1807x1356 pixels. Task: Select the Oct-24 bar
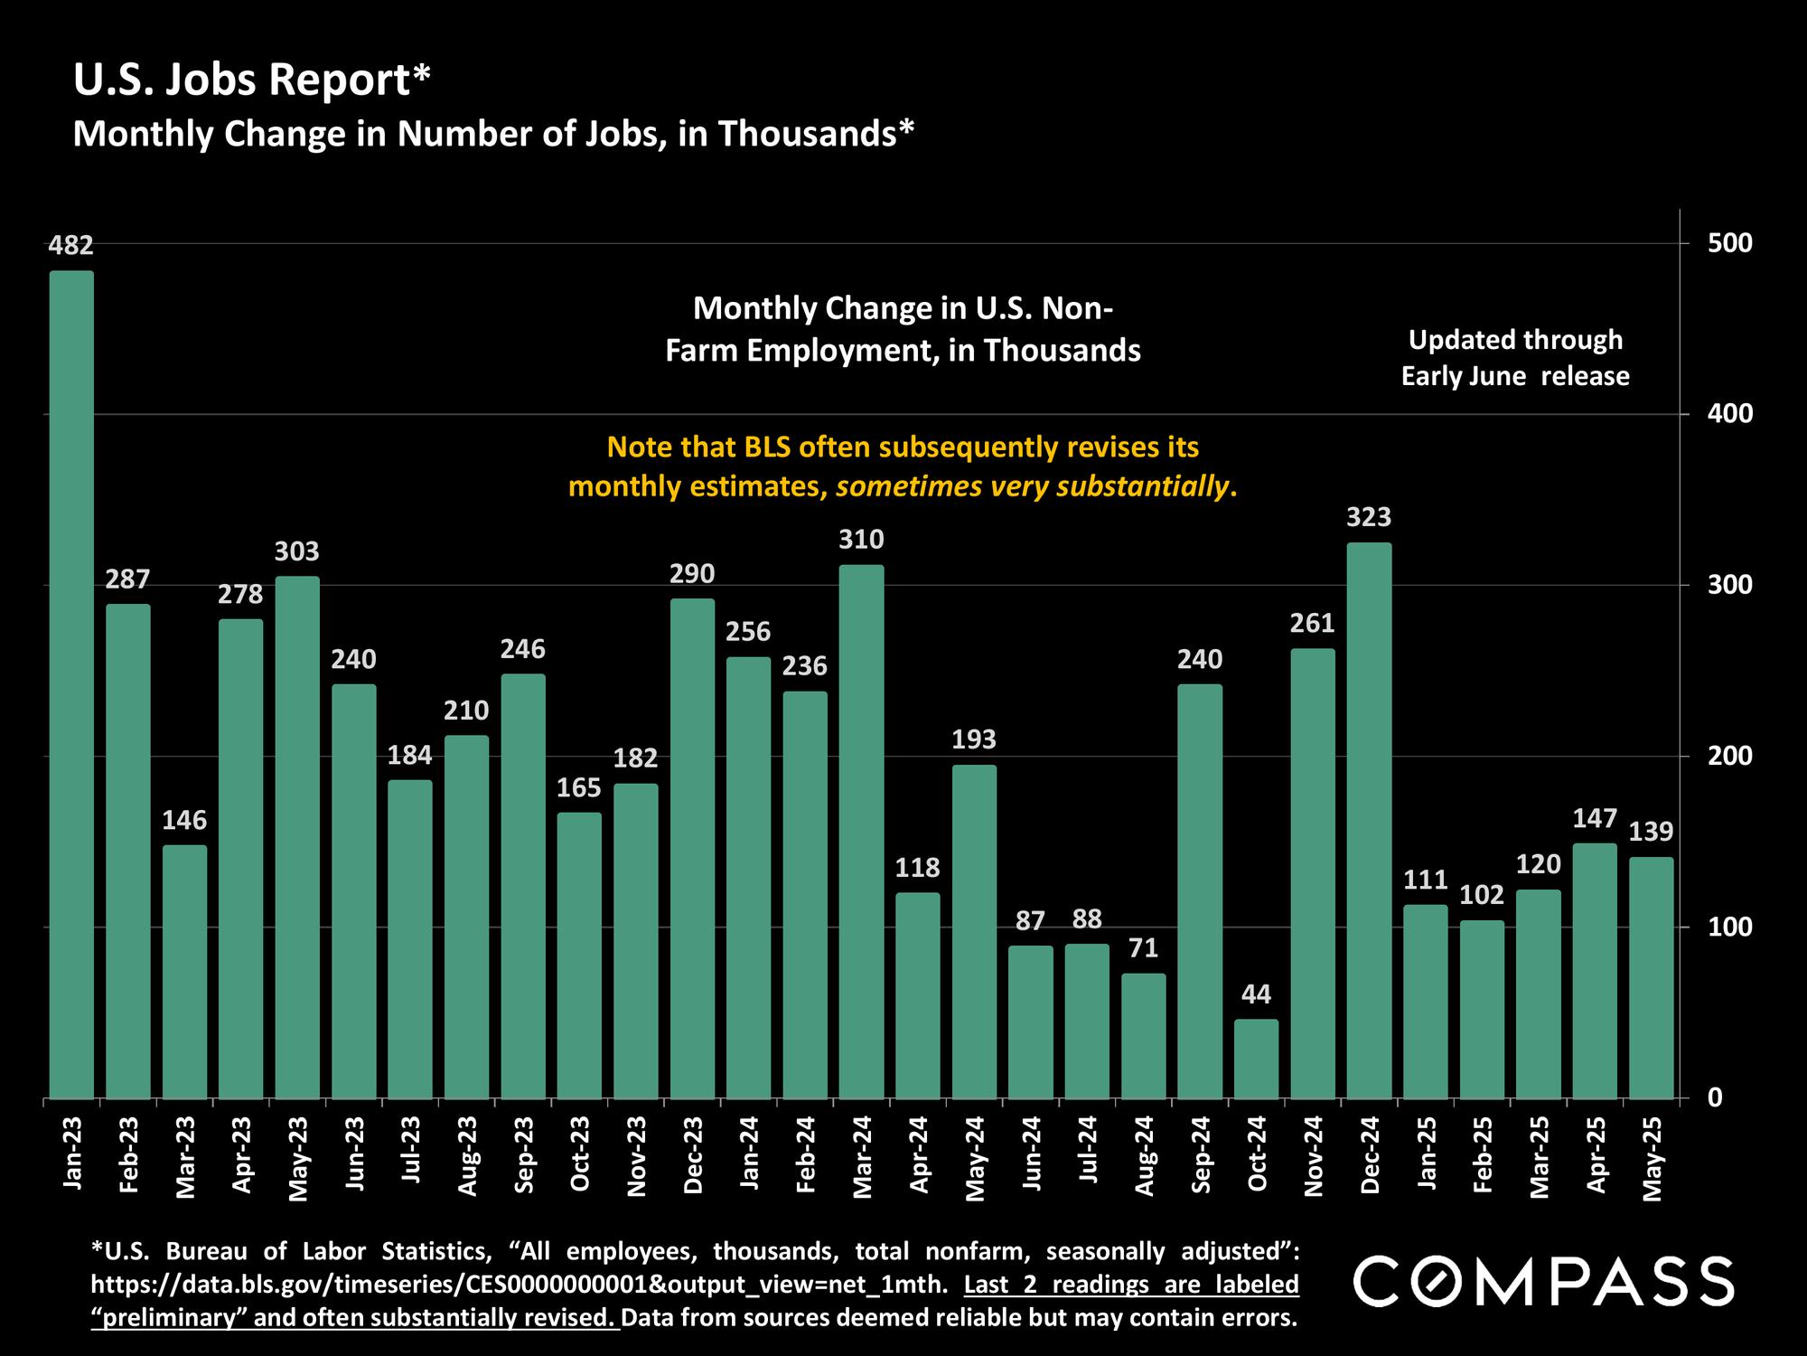(1256, 1059)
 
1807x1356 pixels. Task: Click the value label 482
(71, 245)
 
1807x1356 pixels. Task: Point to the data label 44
(1256, 994)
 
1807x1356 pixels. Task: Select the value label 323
(1369, 517)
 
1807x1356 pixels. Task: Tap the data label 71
(1143, 948)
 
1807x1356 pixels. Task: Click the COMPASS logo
(1543, 1281)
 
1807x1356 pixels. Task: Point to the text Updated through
(1515, 340)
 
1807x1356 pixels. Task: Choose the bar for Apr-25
(1595, 971)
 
